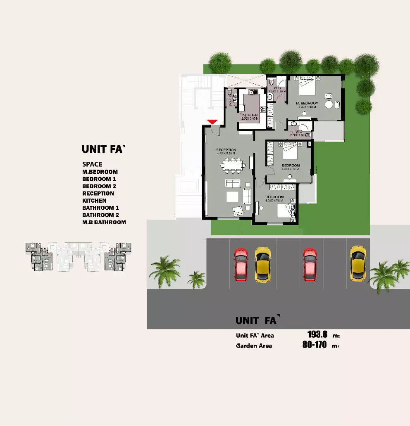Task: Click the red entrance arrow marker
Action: tap(212, 121)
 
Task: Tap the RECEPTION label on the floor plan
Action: tap(226, 150)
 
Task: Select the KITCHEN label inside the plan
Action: tap(250, 115)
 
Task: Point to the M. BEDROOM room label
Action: tap(307, 103)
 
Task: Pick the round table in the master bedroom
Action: tap(329, 104)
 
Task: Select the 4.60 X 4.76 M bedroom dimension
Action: tap(274, 201)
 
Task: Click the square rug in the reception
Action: tap(232, 196)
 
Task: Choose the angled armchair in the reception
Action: tap(238, 211)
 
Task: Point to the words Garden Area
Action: tap(254, 346)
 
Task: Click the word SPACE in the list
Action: tap(92, 164)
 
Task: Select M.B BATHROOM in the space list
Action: tap(104, 222)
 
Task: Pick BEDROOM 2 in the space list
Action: tap(99, 186)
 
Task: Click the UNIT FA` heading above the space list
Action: tap(103, 149)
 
